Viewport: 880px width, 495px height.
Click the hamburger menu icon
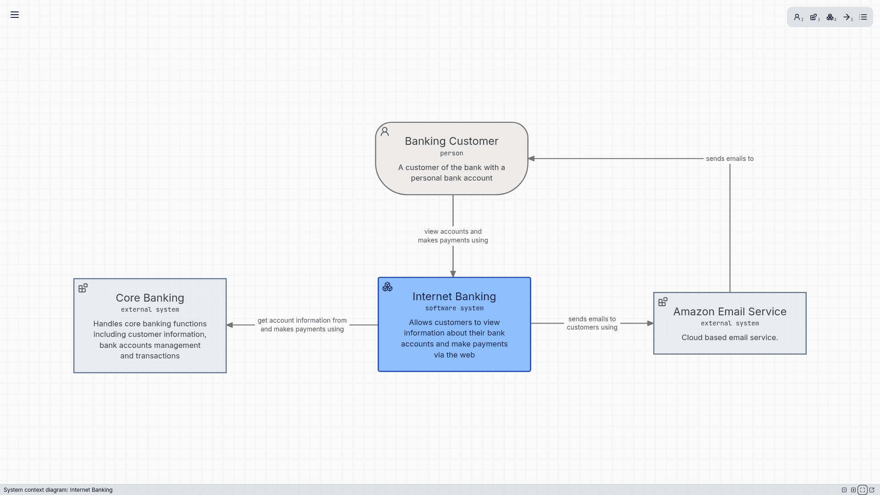coord(15,15)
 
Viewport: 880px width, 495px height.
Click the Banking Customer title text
coord(451,141)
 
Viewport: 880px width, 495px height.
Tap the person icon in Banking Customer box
coord(385,132)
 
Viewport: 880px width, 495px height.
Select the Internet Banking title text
coord(454,297)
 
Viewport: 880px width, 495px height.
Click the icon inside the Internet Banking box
coord(388,287)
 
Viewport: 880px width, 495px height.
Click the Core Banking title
coord(150,298)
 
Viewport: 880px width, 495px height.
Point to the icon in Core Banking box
coord(83,288)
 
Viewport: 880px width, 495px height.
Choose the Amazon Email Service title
coord(730,312)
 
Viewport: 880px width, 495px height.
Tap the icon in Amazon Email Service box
coord(663,302)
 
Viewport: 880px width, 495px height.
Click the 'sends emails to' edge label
coord(730,159)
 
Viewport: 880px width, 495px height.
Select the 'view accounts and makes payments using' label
coord(453,236)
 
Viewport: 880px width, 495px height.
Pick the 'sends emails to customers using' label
coord(592,323)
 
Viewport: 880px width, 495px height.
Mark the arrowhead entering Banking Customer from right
coord(532,159)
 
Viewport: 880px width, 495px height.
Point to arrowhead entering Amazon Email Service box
coord(650,324)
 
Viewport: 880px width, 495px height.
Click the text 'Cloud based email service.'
coord(730,338)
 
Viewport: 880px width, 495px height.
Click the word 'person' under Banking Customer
coord(451,154)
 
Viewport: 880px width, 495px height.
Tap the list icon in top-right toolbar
coord(863,17)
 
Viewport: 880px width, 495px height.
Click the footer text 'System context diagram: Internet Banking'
coord(58,490)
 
